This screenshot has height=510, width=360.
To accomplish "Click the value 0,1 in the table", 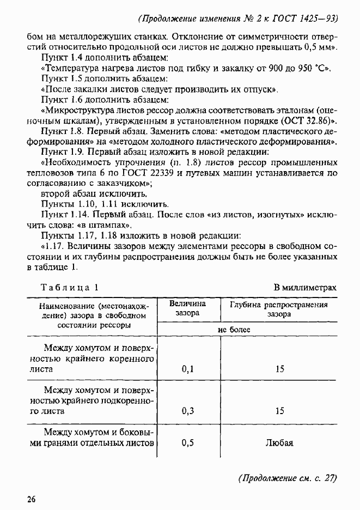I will coord(188,369).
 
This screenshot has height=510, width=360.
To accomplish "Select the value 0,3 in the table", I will coord(188,410).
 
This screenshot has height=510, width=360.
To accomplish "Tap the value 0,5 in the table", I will coord(188,442).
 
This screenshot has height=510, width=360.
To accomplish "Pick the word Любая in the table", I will coord(279,442).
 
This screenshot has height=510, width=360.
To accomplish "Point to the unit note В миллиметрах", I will coord(305,287).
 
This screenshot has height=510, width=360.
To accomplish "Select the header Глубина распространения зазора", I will coord(279,309).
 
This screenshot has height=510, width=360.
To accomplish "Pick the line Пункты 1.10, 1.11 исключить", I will coord(94,204).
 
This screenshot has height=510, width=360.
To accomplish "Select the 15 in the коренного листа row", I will coord(279,369).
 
